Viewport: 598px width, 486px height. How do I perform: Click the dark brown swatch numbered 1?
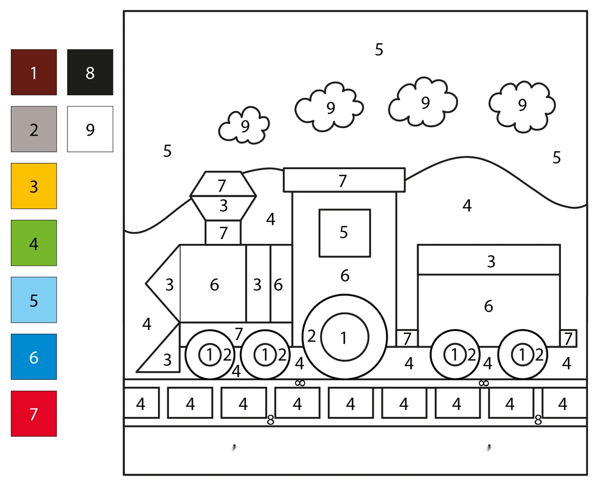[x=34, y=72]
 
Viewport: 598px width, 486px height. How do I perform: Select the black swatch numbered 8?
[x=90, y=72]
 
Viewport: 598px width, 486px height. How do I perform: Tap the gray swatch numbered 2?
[x=34, y=129]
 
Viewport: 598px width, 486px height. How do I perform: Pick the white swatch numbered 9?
[x=90, y=129]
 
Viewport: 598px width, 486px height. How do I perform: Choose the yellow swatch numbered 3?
[x=34, y=186]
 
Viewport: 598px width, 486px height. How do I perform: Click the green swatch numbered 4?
[x=34, y=243]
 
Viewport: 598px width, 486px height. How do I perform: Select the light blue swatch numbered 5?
[x=34, y=300]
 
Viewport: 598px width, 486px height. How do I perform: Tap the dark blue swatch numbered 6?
[x=34, y=357]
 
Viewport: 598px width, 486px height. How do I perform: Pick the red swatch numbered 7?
[x=34, y=413]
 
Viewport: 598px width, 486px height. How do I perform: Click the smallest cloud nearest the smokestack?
[x=244, y=126]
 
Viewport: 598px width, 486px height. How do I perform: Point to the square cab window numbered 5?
[x=344, y=233]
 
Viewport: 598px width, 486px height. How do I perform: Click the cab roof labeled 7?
[x=344, y=180]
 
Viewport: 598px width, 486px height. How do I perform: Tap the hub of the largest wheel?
[x=344, y=337]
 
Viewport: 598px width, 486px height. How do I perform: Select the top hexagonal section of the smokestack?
[x=223, y=184]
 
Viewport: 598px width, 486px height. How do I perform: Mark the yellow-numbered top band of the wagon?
[x=489, y=260]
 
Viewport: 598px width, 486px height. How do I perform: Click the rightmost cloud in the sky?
[x=522, y=107]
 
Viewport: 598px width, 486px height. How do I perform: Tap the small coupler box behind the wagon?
[x=568, y=338]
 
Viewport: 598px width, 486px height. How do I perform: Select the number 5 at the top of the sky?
[x=379, y=49]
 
